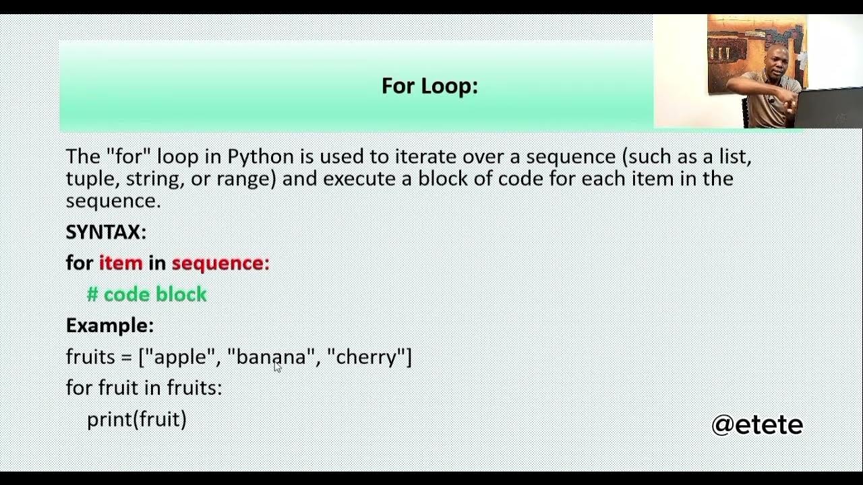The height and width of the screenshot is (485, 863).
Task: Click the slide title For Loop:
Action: coord(429,86)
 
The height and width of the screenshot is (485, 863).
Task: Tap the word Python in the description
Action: coord(261,157)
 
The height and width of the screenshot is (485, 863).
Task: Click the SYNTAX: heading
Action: coord(106,232)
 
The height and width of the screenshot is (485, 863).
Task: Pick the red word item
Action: coord(121,263)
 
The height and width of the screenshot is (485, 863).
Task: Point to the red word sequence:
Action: coord(220,263)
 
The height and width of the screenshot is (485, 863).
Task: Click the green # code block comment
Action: coord(147,294)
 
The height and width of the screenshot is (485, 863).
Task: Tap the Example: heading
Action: coord(110,325)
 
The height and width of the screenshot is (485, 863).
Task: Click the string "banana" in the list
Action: coord(271,357)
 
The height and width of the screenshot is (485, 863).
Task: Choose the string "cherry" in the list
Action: coord(366,357)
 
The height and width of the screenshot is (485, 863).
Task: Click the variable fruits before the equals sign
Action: coord(90,357)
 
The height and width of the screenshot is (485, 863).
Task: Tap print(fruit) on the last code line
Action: coord(137,419)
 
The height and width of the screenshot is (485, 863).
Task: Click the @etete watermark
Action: coord(757,424)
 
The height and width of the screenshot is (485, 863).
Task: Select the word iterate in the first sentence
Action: coord(425,157)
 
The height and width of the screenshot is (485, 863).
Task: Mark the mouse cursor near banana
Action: coord(277,366)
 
